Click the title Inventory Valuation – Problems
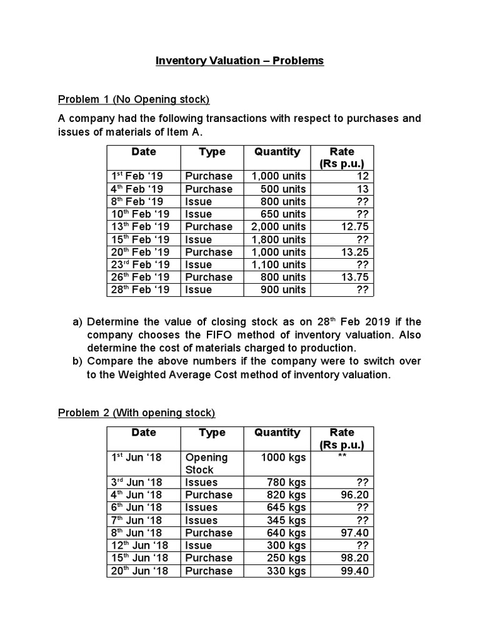coord(239,61)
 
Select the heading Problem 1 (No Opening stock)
coord(133,99)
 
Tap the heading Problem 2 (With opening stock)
coord(136,412)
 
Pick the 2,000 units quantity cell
coord(279,227)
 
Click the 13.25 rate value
coord(355,252)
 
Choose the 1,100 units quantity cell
coord(279,265)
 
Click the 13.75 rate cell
coord(355,277)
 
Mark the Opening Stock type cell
coord(206,463)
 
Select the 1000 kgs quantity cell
coord(283,457)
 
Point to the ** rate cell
coord(342,457)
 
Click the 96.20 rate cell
coord(355,495)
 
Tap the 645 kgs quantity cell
coord(286,507)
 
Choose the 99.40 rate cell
coord(355,571)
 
